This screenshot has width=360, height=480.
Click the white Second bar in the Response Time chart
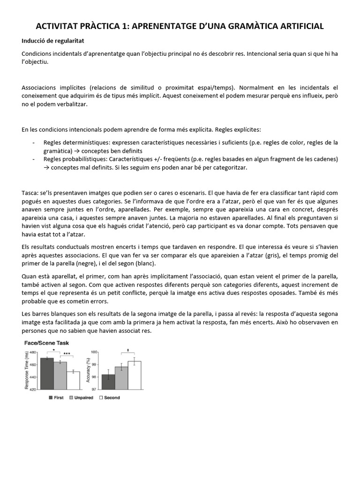click(x=73, y=380)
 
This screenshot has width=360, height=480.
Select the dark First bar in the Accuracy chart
click(x=108, y=382)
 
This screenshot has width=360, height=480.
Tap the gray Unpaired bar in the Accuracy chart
click(x=121, y=378)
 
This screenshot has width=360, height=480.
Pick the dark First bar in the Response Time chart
click(x=47, y=374)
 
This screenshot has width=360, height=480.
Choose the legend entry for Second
click(x=109, y=397)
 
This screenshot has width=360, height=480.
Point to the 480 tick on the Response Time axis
click(x=32, y=352)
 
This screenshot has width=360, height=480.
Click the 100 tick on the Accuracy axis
click(x=94, y=352)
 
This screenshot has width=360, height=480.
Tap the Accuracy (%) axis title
click(x=88, y=370)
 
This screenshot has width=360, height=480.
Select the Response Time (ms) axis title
click(x=26, y=370)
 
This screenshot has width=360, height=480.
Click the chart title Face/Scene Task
click(x=46, y=343)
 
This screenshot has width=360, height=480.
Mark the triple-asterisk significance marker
click(x=67, y=354)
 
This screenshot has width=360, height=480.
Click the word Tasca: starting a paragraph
click(x=30, y=193)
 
